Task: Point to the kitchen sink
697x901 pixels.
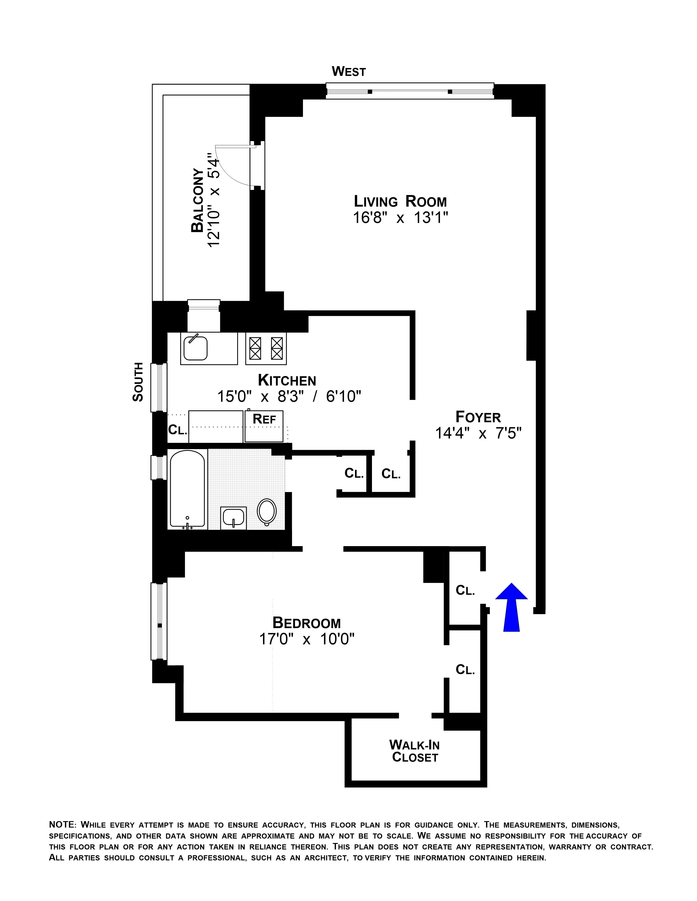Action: click(x=196, y=348)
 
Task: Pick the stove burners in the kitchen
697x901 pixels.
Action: click(x=266, y=348)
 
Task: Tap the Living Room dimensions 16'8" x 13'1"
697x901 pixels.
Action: click(x=400, y=217)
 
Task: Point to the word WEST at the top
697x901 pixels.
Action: click(x=349, y=72)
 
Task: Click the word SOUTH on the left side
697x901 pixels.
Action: click(x=138, y=382)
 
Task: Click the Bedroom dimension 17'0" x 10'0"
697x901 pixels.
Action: click(x=307, y=639)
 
